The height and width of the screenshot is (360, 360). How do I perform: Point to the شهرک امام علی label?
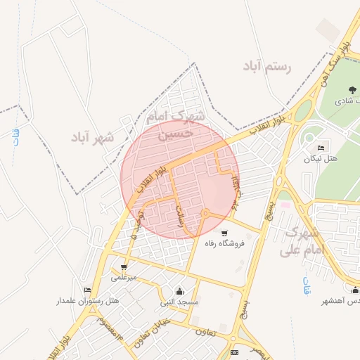[304, 240]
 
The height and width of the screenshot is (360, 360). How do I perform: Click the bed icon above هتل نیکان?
[321, 148]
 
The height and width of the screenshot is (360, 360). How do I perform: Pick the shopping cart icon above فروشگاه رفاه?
[224, 233]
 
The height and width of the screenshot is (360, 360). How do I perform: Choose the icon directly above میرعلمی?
[124, 267]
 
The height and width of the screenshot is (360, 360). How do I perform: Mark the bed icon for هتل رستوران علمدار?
[88, 290]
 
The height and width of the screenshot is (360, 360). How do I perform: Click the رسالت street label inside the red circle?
[181, 214]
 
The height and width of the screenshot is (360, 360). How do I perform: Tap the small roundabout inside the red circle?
[205, 212]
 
